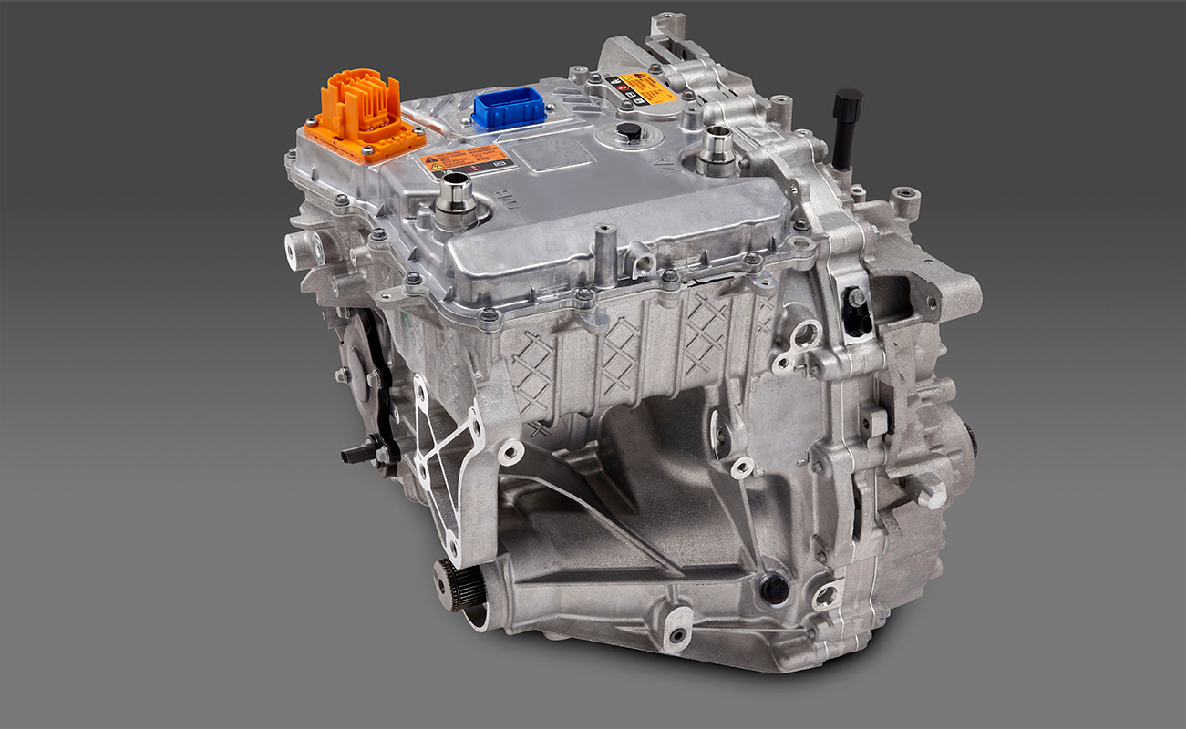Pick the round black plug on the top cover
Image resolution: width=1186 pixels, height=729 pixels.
(x=628, y=133)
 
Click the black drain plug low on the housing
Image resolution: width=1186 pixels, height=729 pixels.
(x=774, y=589)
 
